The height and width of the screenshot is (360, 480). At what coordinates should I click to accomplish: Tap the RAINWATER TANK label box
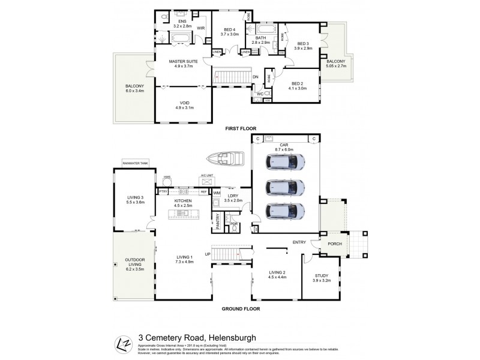135,163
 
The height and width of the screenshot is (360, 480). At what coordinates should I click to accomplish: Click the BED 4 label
230,29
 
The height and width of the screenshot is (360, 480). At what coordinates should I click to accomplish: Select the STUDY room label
322,277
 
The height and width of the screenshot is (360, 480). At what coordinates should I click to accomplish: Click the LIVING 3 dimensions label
135,202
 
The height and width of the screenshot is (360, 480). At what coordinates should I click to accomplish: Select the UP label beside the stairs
208,254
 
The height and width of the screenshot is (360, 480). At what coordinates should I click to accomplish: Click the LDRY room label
233,196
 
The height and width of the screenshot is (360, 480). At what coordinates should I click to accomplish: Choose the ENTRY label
299,242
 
